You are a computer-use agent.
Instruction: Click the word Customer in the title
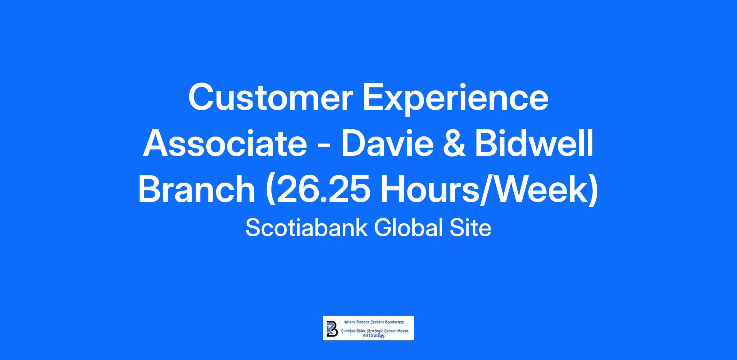click(270, 97)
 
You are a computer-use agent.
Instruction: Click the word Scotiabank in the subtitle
click(306, 228)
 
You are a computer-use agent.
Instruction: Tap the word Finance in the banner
click(363, 322)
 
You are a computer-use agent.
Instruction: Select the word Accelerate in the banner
click(395, 322)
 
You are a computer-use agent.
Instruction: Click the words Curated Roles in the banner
click(353, 331)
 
